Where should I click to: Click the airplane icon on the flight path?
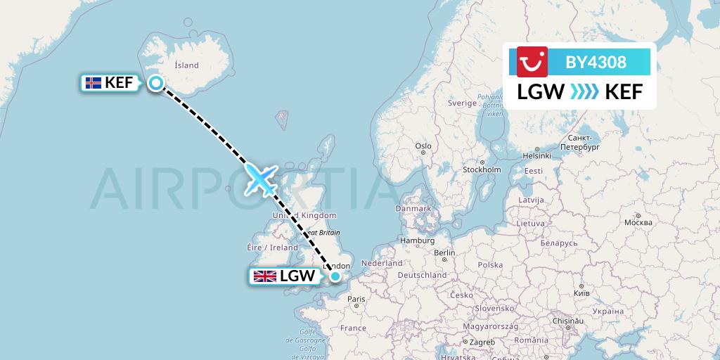click(260, 179)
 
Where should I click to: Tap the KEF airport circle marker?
click(156, 83)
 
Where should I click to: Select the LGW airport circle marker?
click(336, 276)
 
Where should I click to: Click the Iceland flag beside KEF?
click(92, 83)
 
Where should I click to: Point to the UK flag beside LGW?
click(265, 276)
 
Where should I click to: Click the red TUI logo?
click(532, 62)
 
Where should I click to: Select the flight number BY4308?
click(596, 62)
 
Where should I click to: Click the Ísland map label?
click(186, 65)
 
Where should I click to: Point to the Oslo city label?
click(423, 146)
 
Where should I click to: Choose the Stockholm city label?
click(482, 170)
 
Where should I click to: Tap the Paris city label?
click(356, 300)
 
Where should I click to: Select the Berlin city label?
click(444, 253)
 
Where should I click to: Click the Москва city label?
click(638, 222)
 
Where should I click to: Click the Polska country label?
click(489, 265)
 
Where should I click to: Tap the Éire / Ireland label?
click(273, 247)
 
